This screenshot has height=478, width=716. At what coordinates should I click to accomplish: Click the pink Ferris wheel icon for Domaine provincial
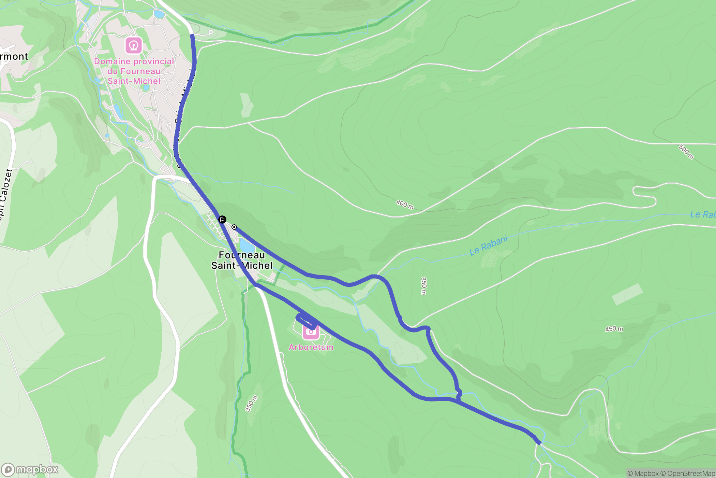pos(134,45)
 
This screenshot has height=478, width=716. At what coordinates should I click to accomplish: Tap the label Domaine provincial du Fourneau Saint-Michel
pos(134,71)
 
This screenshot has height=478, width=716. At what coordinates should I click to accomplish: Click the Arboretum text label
pos(311,347)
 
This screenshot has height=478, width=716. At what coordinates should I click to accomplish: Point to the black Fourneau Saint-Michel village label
pos(242,260)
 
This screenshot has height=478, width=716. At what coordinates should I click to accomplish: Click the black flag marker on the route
pos(222,219)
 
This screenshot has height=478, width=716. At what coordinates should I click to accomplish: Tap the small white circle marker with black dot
pos(234,227)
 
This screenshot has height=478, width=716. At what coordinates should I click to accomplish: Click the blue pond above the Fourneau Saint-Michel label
pos(247,245)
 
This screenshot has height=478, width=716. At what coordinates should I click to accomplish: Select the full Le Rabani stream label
pos(489,245)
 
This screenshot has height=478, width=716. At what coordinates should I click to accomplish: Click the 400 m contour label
pos(405,205)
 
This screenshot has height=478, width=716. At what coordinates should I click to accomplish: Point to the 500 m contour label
pos(686,152)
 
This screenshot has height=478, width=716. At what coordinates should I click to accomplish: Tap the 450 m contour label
pos(614,329)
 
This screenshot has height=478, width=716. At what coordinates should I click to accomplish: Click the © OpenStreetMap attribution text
pos(688,473)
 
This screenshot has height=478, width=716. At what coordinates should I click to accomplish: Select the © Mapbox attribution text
pos(643,473)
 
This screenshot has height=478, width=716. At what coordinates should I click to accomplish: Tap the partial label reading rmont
pos(14,56)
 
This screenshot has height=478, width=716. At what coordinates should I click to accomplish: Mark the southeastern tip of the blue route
pos(539,443)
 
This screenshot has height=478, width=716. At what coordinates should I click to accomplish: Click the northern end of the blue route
pos(192,35)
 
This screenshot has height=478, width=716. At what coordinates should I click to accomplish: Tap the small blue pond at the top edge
pos(159,14)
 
